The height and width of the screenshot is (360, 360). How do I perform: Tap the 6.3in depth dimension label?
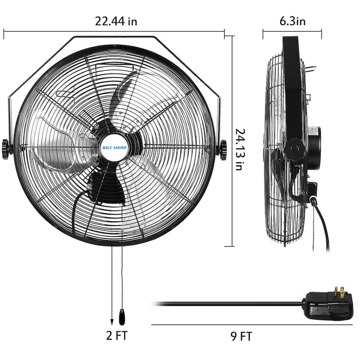[292, 21]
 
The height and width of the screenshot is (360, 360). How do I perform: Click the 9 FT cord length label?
[240, 336]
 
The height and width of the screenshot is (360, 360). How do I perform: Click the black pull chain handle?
[121, 317]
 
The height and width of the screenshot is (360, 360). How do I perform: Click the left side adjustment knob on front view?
[6, 148]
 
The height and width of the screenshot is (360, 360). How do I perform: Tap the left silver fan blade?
[58, 144]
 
